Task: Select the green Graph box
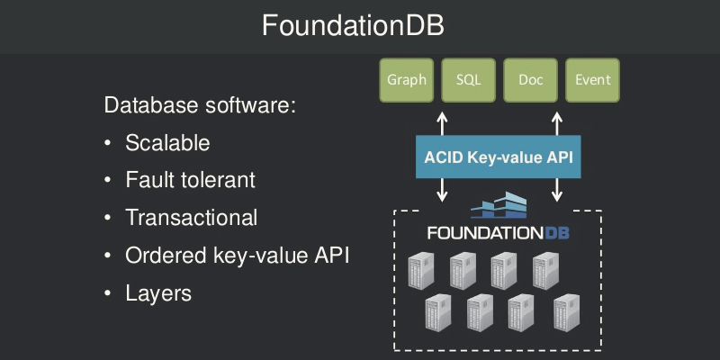pyautogui.click(x=407, y=80)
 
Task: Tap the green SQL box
pyautogui.click(x=468, y=80)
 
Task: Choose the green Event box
pyautogui.click(x=593, y=80)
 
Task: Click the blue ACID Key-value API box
pyautogui.click(x=499, y=157)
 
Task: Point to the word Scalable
pyautogui.click(x=167, y=143)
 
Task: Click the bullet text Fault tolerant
pyautogui.click(x=191, y=180)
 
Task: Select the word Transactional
pyautogui.click(x=192, y=218)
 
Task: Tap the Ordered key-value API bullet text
pyautogui.click(x=238, y=256)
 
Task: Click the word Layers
pyautogui.click(x=158, y=293)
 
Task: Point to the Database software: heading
pyautogui.click(x=200, y=105)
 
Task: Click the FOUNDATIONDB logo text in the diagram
pyautogui.click(x=498, y=233)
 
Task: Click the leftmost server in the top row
pyautogui.click(x=420, y=271)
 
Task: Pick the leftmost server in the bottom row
pyautogui.click(x=437, y=312)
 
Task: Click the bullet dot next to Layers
pyautogui.click(x=108, y=293)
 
